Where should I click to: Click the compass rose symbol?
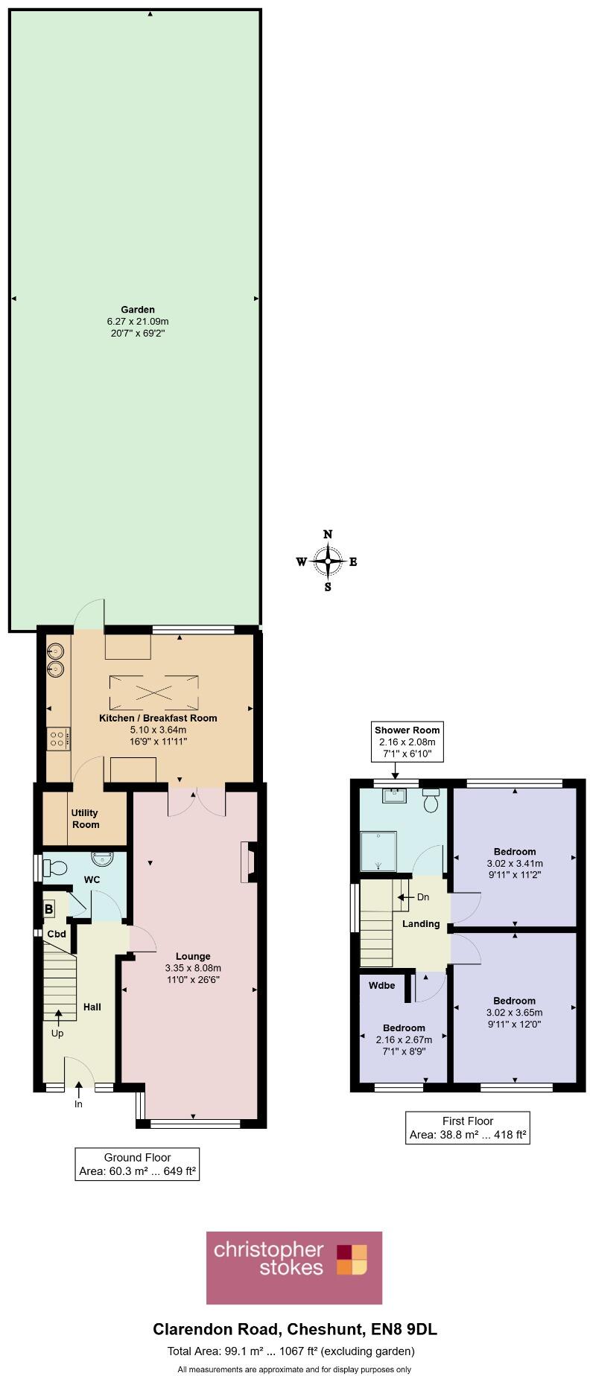(328, 561)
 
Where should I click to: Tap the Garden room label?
(138, 310)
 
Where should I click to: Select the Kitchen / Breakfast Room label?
(158, 718)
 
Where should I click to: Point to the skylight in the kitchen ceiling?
(155, 692)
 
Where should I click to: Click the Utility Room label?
(85, 818)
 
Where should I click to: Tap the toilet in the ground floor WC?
(56, 867)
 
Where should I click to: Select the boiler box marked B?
(49, 908)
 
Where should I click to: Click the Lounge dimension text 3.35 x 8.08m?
(193, 968)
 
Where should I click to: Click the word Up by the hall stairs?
(57, 1033)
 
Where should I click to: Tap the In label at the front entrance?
(78, 1103)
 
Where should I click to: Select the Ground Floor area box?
(137, 1165)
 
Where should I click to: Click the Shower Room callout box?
(407, 742)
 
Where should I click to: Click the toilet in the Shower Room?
(431, 803)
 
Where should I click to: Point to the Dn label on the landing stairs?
(422, 897)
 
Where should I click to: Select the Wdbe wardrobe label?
(381, 985)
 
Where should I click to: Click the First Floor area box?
(468, 1128)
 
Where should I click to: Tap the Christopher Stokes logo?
(294, 1267)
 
